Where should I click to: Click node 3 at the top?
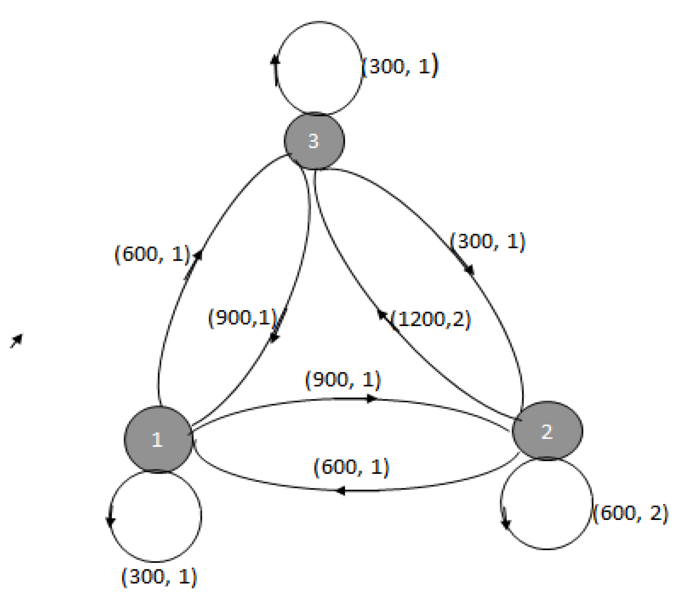[x=314, y=141]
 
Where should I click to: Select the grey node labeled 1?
[x=158, y=439]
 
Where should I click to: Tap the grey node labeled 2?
[x=547, y=431]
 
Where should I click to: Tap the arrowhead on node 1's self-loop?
[x=110, y=521]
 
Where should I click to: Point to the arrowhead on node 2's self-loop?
[x=506, y=523]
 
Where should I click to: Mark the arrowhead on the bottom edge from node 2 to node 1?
[x=340, y=490]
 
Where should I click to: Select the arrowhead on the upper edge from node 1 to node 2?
[x=372, y=399]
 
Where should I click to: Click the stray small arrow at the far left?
[x=17, y=340]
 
